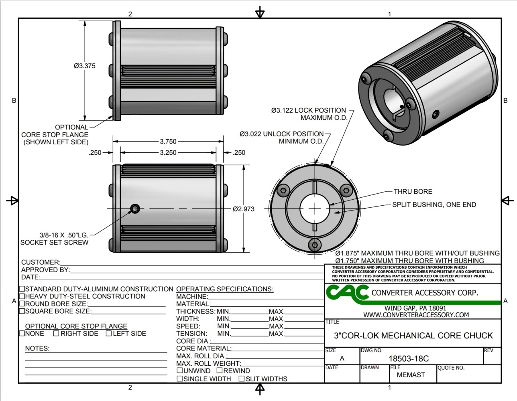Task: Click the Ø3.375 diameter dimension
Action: point(85,66)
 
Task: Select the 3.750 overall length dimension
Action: point(168,141)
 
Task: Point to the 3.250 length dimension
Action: point(168,152)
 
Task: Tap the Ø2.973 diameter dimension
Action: point(244,209)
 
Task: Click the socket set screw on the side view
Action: point(136,208)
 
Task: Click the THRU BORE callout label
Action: point(413,192)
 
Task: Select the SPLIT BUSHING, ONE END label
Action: point(434,205)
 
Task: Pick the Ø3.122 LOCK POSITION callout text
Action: point(308,110)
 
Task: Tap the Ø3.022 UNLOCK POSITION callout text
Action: point(281,134)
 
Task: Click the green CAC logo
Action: point(347,292)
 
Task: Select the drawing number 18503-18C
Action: point(409,358)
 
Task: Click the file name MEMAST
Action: point(411,375)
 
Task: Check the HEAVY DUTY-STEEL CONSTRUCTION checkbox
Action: point(22,296)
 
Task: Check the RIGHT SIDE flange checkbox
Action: point(56,333)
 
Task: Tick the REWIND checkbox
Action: point(220,371)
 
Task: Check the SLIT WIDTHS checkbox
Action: point(242,379)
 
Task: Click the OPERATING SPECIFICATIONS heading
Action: point(225,289)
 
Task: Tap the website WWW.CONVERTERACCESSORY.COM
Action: point(416,315)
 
